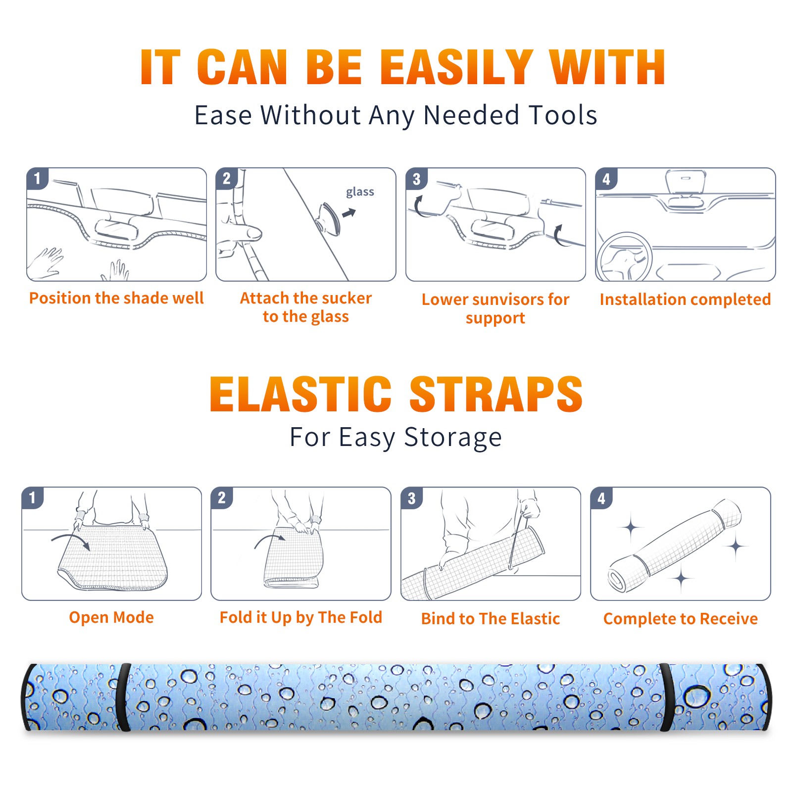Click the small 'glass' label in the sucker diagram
[x=360, y=192]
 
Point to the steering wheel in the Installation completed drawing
[x=624, y=257]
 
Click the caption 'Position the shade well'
[x=116, y=298]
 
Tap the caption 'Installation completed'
[x=685, y=299]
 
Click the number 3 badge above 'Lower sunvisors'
[x=416, y=179]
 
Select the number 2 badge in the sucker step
[x=227, y=178]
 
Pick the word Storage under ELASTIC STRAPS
[x=453, y=438]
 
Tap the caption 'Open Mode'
[x=111, y=617]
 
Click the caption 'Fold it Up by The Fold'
[x=301, y=617]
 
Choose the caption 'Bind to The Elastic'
[x=491, y=619]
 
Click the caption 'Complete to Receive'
[x=681, y=619]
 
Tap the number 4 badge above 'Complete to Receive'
[x=601, y=498]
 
